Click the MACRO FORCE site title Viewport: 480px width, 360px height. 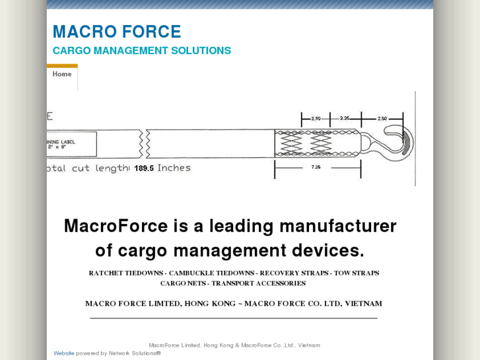(x=116, y=32)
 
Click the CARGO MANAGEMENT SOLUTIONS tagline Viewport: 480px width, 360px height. (x=141, y=51)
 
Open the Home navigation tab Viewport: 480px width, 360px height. (x=62, y=75)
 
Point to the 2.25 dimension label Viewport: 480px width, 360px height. (x=345, y=119)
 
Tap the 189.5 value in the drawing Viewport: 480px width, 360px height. (x=144, y=168)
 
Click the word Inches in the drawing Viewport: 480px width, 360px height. (x=174, y=168)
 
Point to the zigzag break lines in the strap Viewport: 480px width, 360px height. (x=143, y=143)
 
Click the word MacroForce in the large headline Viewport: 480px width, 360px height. (x=116, y=226)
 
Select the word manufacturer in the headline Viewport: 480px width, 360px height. (x=337, y=226)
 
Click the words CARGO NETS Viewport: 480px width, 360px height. (x=183, y=283)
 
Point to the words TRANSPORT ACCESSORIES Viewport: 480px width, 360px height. (x=258, y=283)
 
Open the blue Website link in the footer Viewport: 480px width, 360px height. (x=64, y=353)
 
